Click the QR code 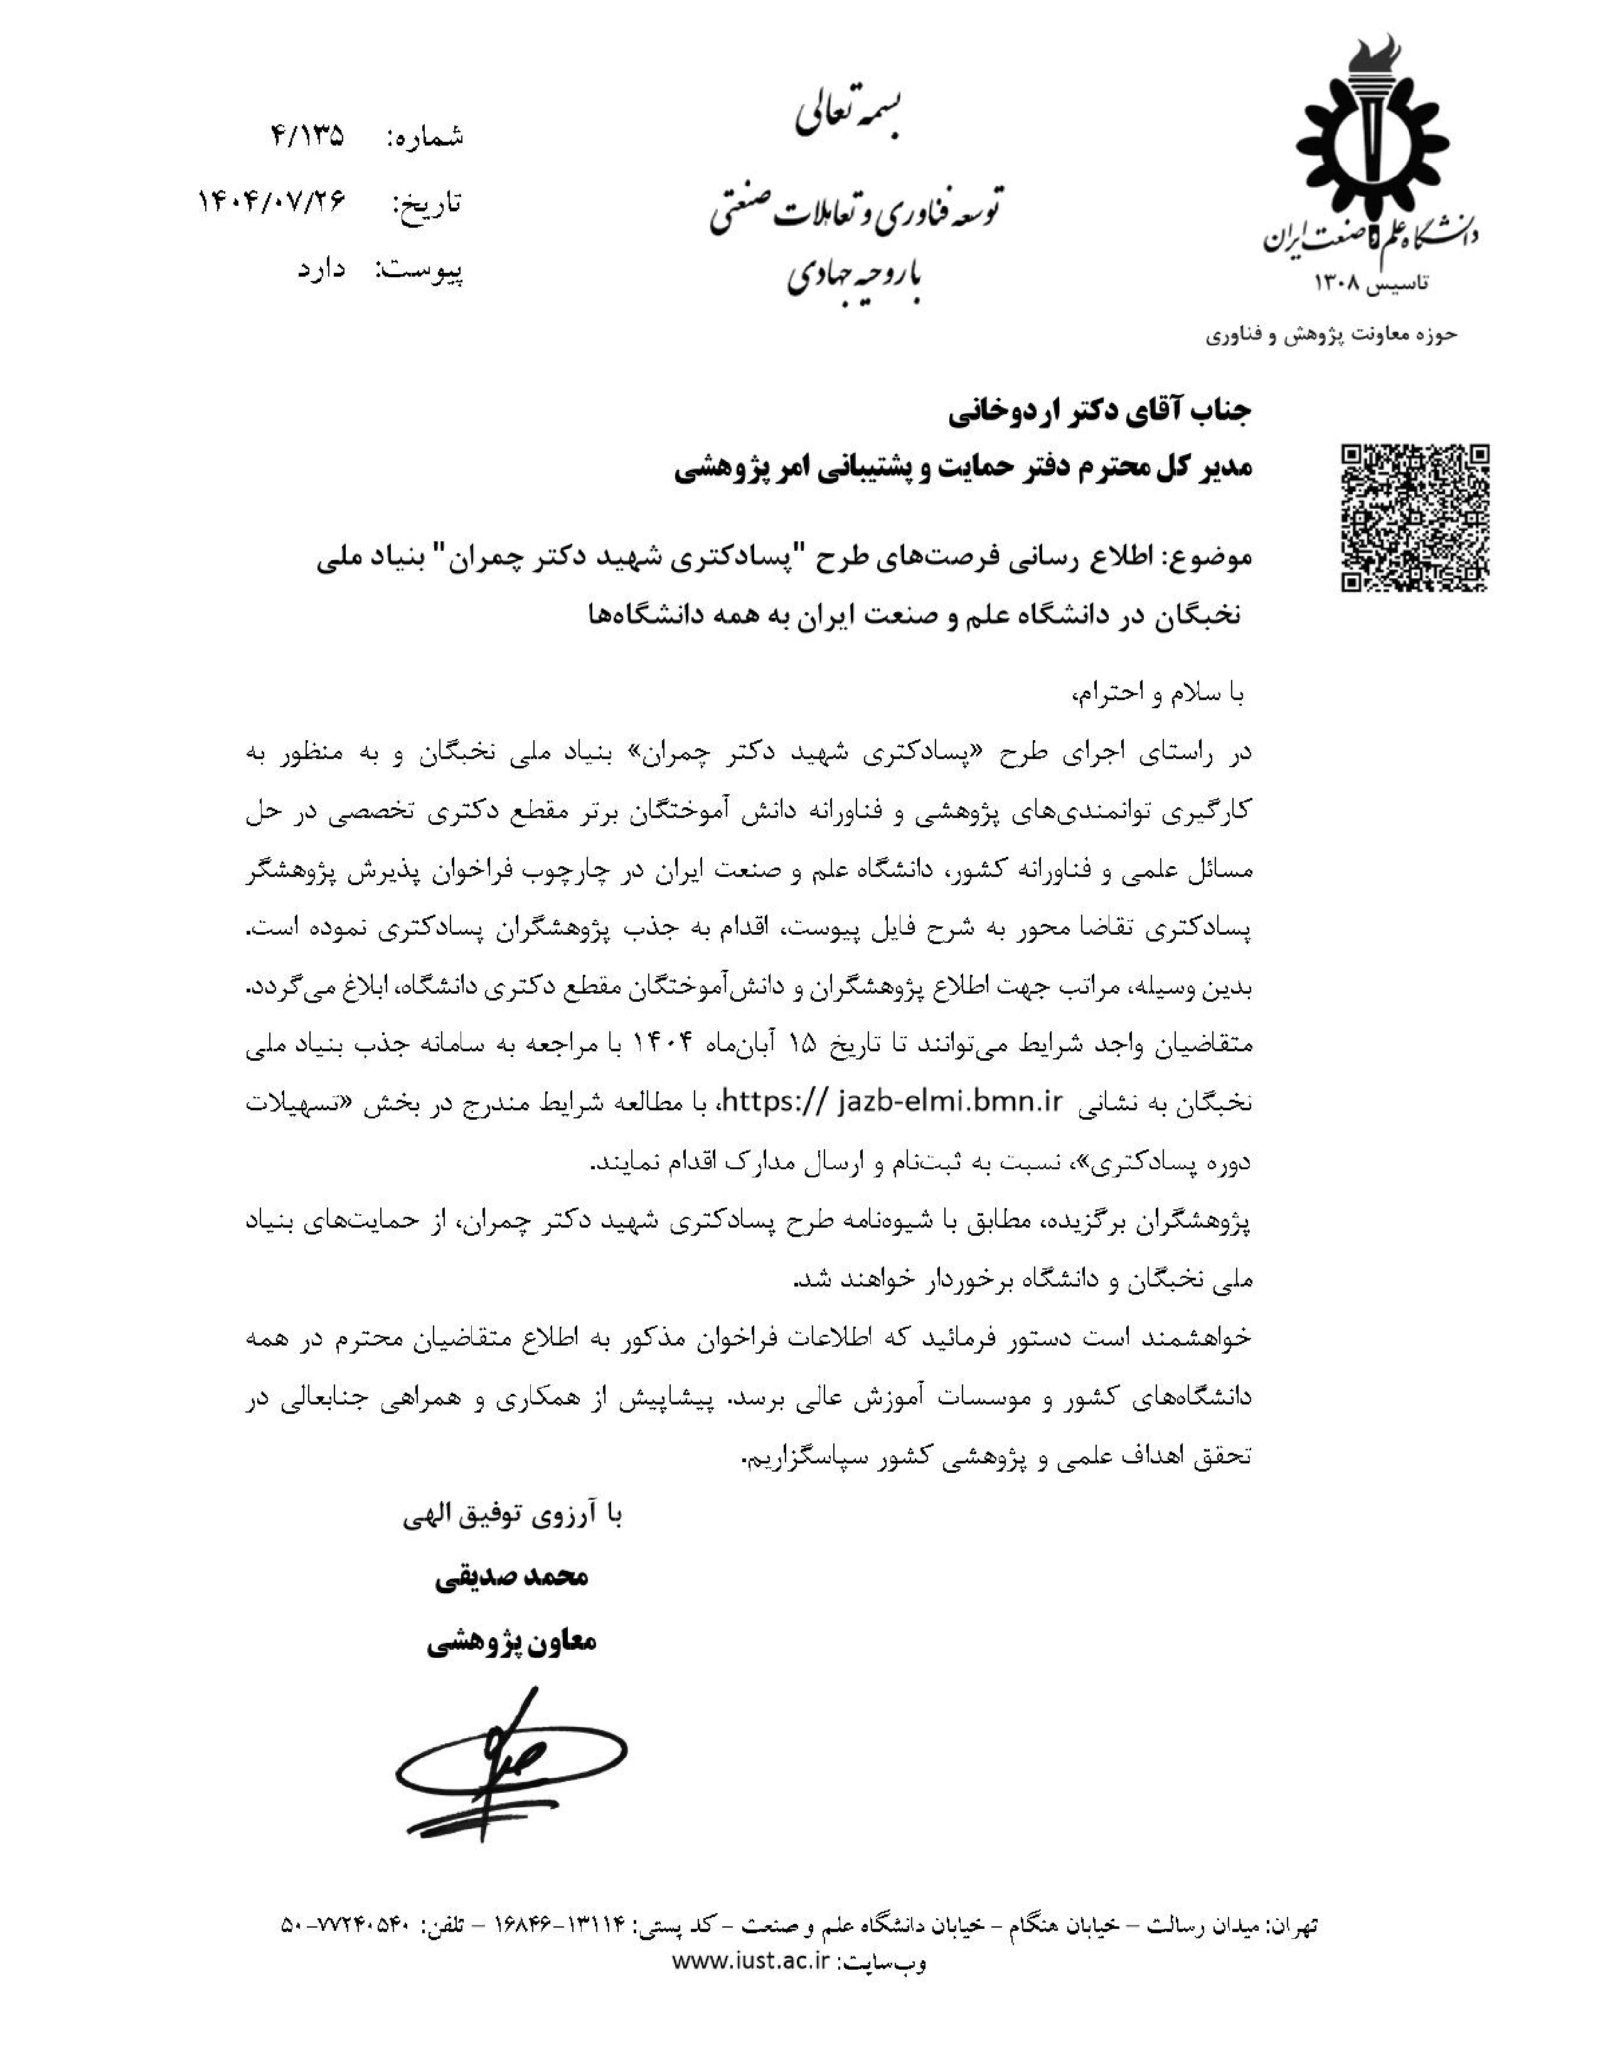pyautogui.click(x=1414, y=519)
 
